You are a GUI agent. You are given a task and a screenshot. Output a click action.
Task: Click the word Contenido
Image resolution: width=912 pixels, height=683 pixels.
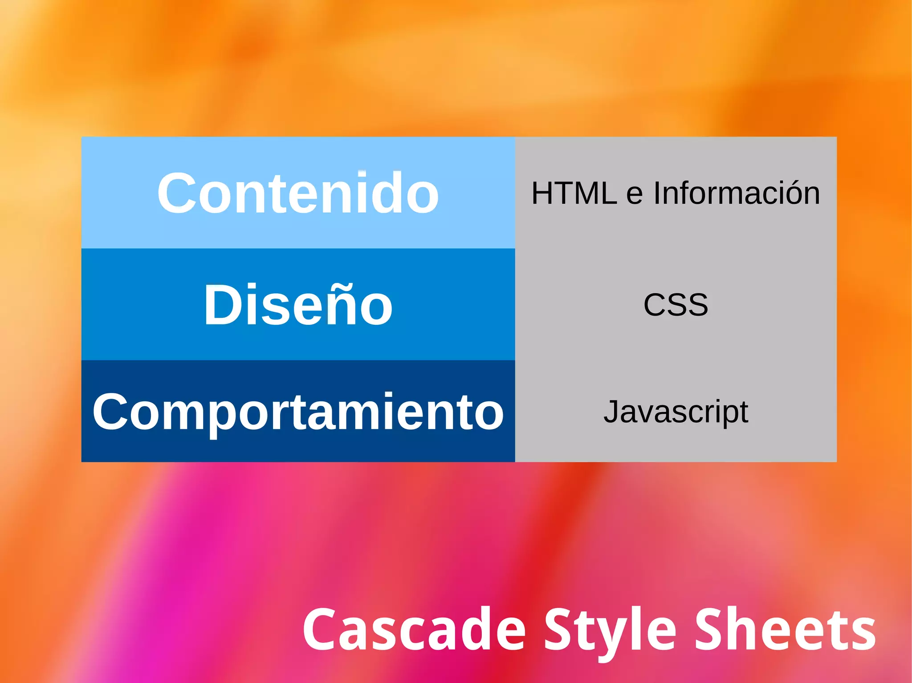tap(298, 193)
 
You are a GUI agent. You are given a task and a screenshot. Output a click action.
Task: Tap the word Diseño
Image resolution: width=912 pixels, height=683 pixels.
tap(298, 305)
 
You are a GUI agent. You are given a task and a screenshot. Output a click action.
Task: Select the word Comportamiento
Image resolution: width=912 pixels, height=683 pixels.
tap(298, 412)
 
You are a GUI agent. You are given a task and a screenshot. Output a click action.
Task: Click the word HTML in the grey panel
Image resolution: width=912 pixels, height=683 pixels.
tap(574, 193)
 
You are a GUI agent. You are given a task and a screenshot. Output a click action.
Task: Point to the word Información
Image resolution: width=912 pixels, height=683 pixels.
tap(737, 193)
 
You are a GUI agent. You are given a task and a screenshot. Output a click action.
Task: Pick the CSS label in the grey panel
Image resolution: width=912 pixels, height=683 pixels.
tap(676, 305)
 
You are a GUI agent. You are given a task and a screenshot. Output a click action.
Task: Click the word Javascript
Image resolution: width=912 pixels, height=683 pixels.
tap(676, 412)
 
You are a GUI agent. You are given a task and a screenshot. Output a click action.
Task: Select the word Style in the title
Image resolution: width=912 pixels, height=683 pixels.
tap(610, 630)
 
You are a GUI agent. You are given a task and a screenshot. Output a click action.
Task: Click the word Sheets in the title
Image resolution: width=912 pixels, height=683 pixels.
tap(786, 630)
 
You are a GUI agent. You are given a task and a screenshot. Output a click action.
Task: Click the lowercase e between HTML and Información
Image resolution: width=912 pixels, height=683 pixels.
tap(635, 196)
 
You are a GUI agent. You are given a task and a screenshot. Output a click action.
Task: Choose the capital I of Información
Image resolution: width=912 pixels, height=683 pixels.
tap(657, 193)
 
